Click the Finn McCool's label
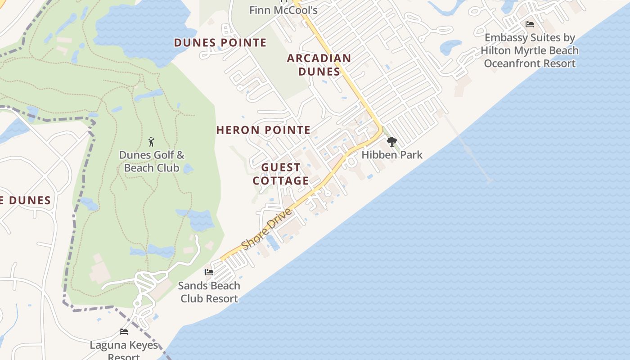[x=283, y=10]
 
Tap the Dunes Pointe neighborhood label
[x=220, y=43]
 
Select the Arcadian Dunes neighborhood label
[x=319, y=65]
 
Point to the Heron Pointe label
[x=263, y=130]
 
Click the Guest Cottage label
[x=281, y=174]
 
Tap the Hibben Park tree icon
[x=392, y=142]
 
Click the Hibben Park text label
[x=392, y=155]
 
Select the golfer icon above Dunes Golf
[x=151, y=142]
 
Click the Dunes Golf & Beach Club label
[x=152, y=162]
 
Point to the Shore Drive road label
[x=267, y=229]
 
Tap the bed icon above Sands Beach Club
[x=209, y=272]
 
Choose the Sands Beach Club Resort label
[x=209, y=292]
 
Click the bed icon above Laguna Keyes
[x=124, y=332]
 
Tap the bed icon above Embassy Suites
[x=530, y=24]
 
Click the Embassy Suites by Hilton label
[x=530, y=50]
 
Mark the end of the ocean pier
[x=490, y=180]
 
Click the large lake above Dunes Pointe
[x=144, y=27]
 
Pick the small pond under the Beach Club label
[x=188, y=169]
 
